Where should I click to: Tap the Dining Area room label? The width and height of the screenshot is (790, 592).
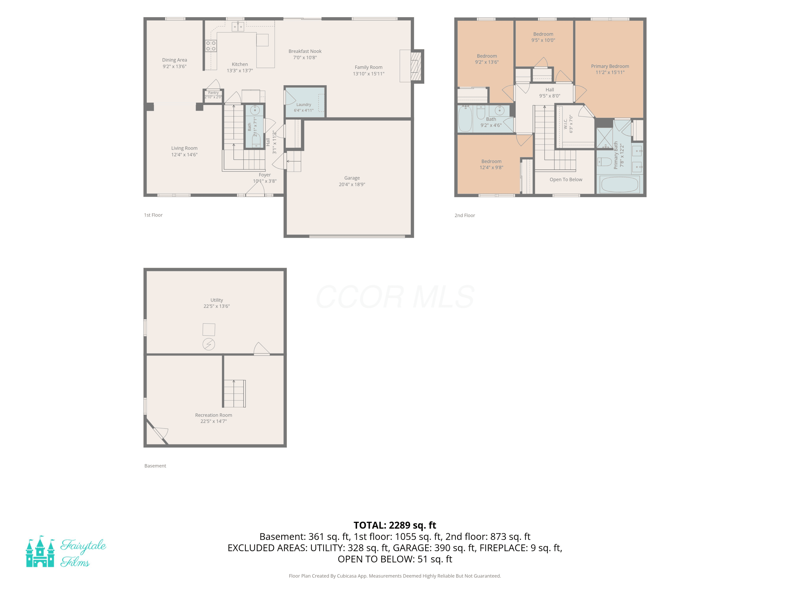175,60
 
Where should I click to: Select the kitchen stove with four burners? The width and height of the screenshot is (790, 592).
211,46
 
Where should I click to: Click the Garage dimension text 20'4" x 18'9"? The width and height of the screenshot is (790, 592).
352,184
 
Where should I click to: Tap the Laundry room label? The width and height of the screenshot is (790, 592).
304,104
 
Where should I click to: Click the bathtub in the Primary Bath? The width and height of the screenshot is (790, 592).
620,184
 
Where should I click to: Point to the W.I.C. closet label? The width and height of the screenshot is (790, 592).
565,124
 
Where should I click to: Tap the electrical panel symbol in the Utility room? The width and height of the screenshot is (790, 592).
209,344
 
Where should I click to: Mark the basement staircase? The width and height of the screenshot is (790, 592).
234,394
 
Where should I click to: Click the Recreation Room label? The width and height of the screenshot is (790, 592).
214,415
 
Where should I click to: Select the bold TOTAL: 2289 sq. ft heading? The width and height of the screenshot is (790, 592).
395,525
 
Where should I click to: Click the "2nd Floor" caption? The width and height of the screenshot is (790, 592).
465,215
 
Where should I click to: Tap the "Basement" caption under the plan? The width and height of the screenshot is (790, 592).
155,466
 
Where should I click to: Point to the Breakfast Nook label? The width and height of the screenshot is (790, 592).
305,51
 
